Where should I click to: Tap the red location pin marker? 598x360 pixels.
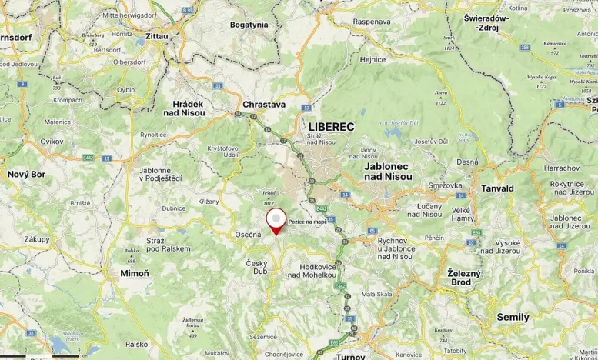(x=276, y=220)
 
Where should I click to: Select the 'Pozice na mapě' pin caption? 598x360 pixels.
(x=307, y=222)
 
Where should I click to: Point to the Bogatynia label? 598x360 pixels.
(x=249, y=25)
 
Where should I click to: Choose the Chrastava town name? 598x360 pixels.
(x=264, y=104)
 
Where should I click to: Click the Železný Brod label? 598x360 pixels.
(x=464, y=278)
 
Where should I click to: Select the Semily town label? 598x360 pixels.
(x=513, y=317)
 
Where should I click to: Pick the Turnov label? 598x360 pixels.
(x=351, y=356)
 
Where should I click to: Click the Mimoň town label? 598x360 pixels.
(x=135, y=273)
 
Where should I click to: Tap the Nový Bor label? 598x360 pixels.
(x=27, y=175)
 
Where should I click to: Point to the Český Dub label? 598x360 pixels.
(x=256, y=267)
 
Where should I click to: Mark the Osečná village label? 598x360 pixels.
(x=249, y=234)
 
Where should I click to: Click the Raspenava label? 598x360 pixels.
(x=372, y=22)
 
